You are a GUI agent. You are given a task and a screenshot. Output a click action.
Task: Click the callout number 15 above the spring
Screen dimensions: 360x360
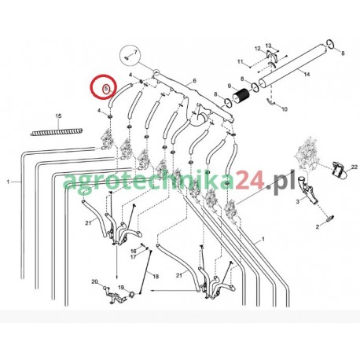coord(58,116)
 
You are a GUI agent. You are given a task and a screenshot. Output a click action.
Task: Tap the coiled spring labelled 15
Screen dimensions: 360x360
coord(57,131)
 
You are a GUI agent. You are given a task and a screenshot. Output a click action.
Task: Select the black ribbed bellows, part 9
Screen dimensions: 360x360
coord(241,96)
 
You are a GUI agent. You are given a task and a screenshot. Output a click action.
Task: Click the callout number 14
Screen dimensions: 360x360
coord(307,74)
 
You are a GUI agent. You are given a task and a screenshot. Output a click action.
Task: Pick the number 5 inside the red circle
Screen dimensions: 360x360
coord(106,89)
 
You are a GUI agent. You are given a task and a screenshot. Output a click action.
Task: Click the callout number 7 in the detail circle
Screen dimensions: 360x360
coord(135,52)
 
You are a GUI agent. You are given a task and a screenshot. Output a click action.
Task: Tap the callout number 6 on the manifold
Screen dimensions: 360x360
coord(194,81)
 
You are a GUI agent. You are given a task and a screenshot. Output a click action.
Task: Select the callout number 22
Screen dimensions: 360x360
coord(354,167)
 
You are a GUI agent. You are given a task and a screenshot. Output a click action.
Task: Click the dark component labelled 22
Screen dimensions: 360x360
coord(338,169)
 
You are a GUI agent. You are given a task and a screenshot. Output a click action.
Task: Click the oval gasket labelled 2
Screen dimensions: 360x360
coord(330,218)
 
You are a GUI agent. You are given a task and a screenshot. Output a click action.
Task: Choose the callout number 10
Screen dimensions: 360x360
coord(285,109)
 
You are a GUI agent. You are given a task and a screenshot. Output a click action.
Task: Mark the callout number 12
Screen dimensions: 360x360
coord(258,49)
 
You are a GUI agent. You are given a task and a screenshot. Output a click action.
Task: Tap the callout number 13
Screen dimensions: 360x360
coord(269,46)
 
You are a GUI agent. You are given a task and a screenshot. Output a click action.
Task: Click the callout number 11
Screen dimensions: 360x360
coord(241,61)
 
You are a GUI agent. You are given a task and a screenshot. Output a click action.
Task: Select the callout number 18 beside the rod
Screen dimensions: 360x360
coord(156,277)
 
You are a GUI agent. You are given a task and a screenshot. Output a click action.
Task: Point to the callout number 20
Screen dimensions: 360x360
coord(94,281)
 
